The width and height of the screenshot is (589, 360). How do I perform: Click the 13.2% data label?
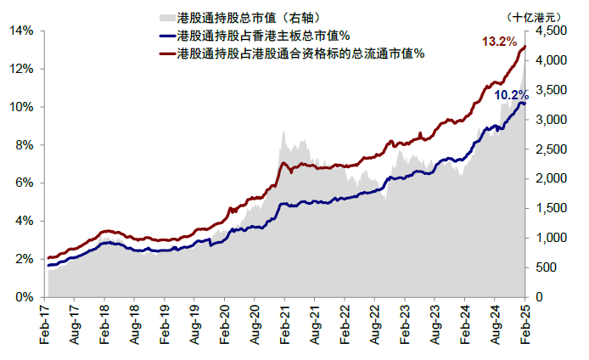click(499, 41)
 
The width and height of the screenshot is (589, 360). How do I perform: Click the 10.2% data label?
click(512, 95)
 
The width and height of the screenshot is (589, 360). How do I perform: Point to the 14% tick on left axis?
click(22, 31)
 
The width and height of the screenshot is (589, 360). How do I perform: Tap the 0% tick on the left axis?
click(25, 297)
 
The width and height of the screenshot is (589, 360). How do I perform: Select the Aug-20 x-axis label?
click(254, 324)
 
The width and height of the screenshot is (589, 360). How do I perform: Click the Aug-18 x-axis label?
click(133, 324)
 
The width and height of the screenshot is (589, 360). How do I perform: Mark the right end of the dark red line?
click(525, 47)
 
